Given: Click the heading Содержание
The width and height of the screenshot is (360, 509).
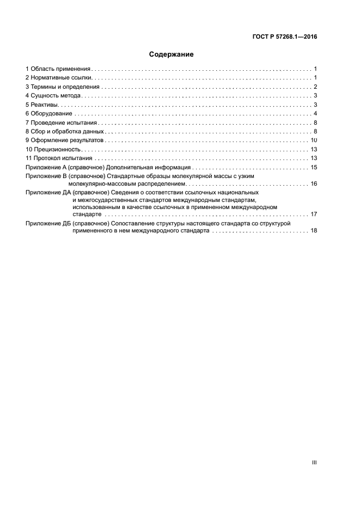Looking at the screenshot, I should [172, 54].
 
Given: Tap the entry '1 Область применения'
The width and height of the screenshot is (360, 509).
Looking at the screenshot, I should [58, 69].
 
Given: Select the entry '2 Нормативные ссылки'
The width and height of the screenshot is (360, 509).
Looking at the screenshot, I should [55, 78].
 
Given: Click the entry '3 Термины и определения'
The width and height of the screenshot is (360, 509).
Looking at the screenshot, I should [62, 87].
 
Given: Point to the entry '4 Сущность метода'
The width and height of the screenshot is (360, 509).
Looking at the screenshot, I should [53, 96].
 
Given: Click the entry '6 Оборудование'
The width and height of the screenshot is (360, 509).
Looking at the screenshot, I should [48, 113].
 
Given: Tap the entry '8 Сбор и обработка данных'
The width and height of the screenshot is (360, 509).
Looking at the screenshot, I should [64, 131].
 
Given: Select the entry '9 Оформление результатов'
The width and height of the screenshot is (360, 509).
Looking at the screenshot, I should [64, 140].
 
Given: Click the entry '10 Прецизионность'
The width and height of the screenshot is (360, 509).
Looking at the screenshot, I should [53, 149].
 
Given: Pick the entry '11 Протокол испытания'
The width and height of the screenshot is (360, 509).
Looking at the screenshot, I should [59, 158].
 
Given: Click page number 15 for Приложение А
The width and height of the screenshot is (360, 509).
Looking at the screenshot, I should [314, 167].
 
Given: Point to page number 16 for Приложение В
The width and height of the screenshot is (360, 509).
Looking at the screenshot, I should [314, 183].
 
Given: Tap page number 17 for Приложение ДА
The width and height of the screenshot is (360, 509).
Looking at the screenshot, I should [314, 214].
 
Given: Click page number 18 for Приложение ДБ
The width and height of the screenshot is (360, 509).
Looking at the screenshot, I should [314, 231].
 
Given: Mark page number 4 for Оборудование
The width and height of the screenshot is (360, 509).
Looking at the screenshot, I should [315, 113].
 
